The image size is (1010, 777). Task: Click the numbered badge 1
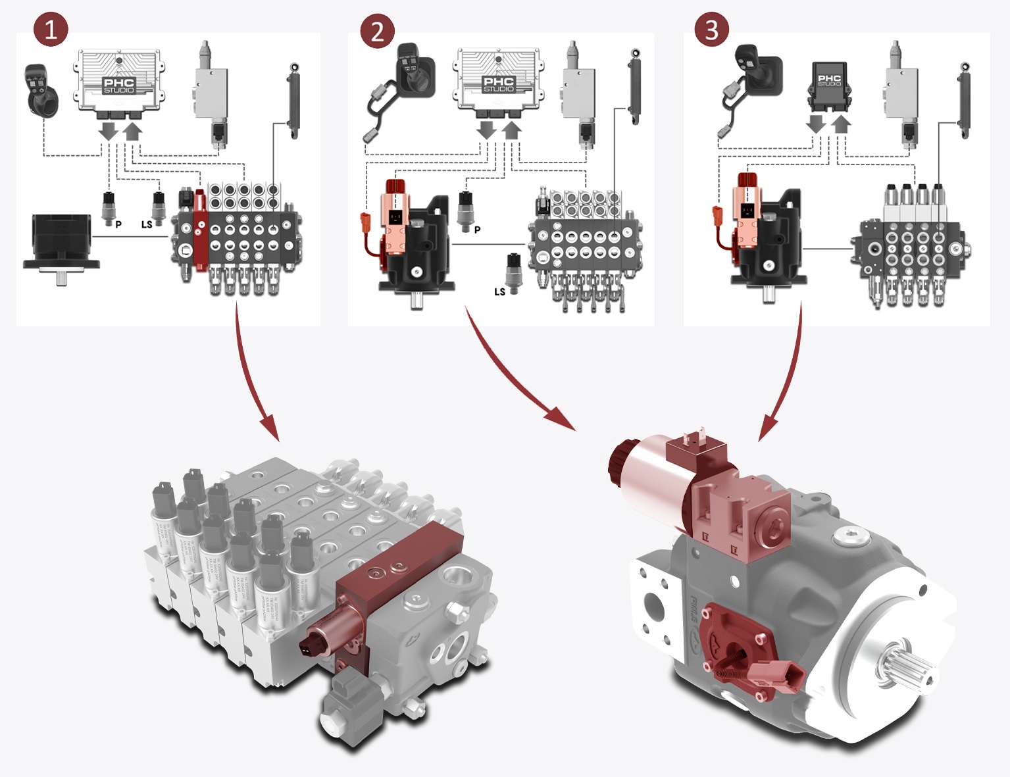click(51, 30)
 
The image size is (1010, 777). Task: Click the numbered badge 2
click(377, 31)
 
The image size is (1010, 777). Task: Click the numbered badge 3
click(711, 30)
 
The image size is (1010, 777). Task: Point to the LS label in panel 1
click(147, 224)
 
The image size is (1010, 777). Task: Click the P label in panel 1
click(118, 224)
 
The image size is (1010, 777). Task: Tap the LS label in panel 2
click(500, 291)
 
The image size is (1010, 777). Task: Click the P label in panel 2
click(477, 230)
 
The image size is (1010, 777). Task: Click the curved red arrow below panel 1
click(250, 375)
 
